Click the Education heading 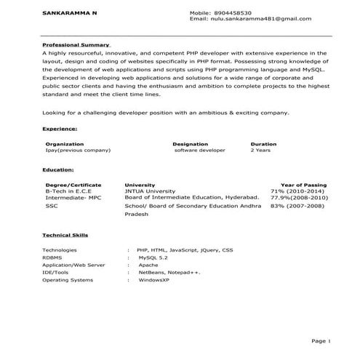click(58, 169)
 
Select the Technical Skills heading click(65, 236)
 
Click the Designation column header click(191, 144)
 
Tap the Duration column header click(263, 144)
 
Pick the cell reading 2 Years click(261, 151)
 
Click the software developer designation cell click(201, 151)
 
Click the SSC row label click(52, 207)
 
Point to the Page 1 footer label click(321, 340)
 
